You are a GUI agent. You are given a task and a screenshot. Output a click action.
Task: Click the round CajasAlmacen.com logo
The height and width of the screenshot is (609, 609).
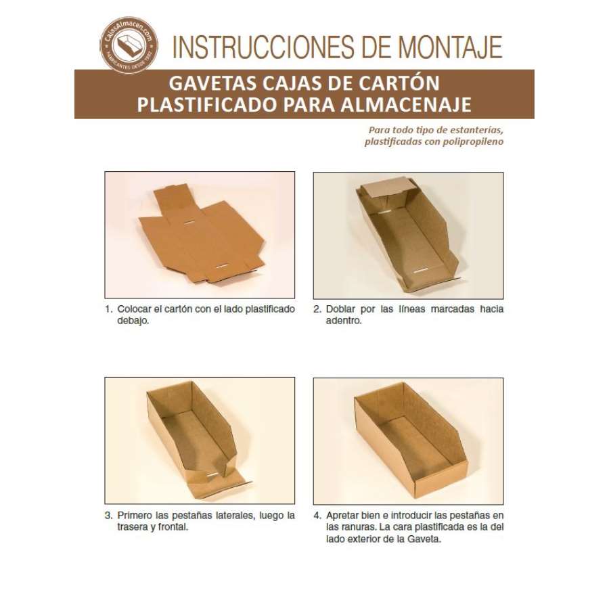pos(129,45)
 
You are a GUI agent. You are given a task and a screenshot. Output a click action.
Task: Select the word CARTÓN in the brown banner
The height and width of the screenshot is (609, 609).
pos(399,83)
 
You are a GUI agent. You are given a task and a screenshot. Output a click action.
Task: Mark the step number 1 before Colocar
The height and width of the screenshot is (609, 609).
pos(108,309)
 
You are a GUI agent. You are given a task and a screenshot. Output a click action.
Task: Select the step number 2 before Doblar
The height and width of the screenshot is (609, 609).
pos(317,309)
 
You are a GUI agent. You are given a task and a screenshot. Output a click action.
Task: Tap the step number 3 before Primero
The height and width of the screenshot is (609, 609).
pos(108,516)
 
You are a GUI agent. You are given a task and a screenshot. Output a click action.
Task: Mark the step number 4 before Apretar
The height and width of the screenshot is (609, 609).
pos(318,516)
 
